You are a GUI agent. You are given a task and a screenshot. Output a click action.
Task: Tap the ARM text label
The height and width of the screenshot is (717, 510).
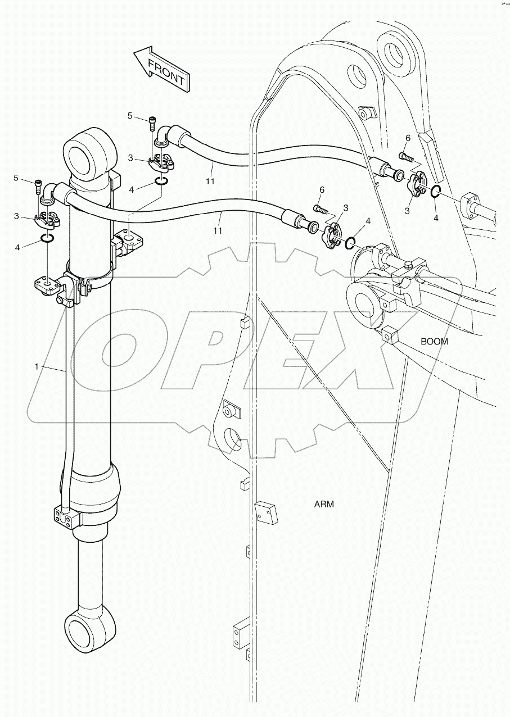pyautogui.click(x=324, y=504)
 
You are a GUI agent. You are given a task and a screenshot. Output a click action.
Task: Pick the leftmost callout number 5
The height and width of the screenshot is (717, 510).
pyautogui.click(x=16, y=178)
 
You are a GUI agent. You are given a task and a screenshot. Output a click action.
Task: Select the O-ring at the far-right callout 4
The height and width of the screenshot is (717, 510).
pyautogui.click(x=436, y=193)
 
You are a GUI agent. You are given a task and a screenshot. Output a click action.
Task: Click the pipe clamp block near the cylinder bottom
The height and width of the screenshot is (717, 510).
pyautogui.click(x=64, y=515)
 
